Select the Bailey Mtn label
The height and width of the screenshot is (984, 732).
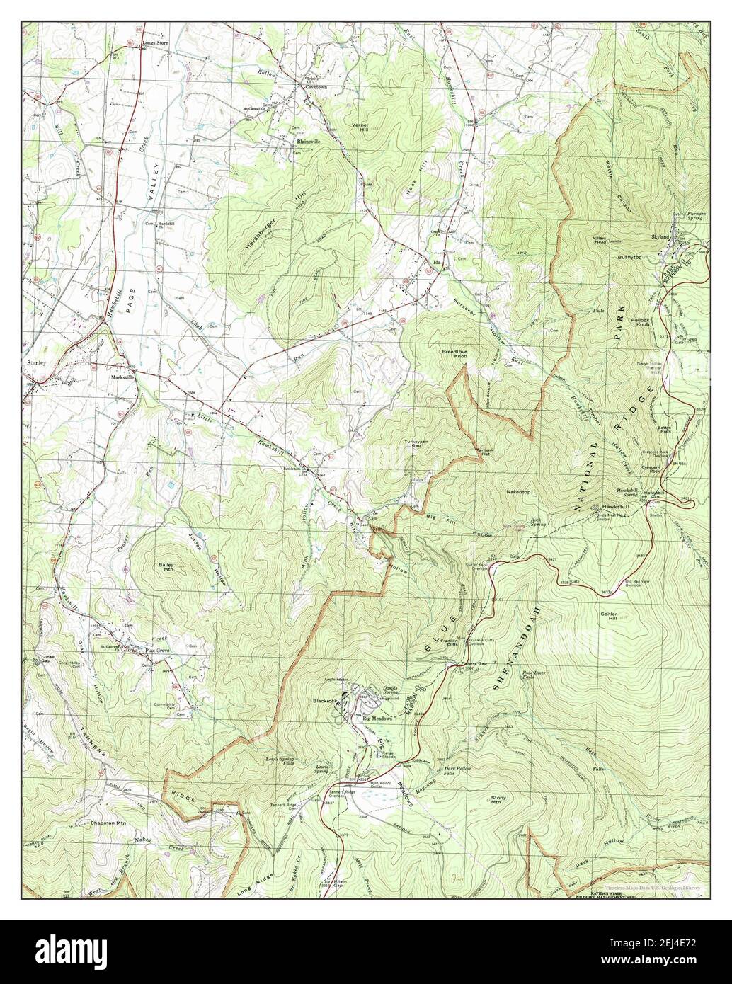pyautogui.click(x=168, y=567)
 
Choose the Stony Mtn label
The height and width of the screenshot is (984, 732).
pyautogui.click(x=498, y=800)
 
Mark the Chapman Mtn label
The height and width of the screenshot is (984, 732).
pyautogui.click(x=108, y=823)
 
